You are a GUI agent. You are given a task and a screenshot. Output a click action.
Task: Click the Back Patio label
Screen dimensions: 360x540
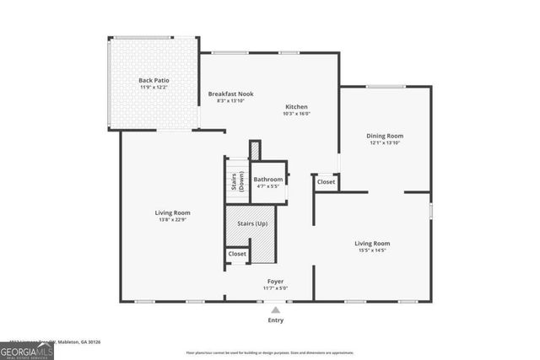pyautogui.click(x=154, y=80)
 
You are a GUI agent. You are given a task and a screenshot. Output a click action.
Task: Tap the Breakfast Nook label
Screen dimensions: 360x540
pyautogui.click(x=230, y=94)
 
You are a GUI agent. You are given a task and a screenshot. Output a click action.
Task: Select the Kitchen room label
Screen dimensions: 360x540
pyautogui.click(x=296, y=107)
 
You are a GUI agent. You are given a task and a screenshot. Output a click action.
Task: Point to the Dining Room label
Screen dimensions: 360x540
pyautogui.click(x=385, y=136)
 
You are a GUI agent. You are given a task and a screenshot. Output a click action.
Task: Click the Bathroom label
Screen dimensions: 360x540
pyautogui.click(x=267, y=179)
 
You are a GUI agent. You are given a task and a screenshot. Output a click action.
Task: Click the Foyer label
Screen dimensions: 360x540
pyautogui.click(x=275, y=281)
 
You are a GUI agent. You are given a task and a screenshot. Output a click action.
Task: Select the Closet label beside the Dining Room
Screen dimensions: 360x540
pyautogui.click(x=326, y=181)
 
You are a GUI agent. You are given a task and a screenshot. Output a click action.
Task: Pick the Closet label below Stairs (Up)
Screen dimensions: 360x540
pyautogui.click(x=237, y=253)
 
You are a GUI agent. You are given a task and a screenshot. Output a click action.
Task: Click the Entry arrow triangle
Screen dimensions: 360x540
pyautogui.click(x=275, y=310)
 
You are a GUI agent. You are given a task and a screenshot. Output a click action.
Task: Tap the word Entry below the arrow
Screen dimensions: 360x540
pyautogui.click(x=275, y=320)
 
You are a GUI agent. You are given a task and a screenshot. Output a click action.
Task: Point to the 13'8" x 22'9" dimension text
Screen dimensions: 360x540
pyautogui.click(x=172, y=220)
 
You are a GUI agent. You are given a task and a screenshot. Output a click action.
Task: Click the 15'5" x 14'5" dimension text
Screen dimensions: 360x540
pyautogui.click(x=371, y=250)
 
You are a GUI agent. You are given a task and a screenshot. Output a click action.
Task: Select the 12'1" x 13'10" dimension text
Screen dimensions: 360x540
pyautogui.click(x=385, y=143)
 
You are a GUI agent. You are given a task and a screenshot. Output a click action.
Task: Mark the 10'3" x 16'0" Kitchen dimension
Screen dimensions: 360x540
pyautogui.click(x=296, y=115)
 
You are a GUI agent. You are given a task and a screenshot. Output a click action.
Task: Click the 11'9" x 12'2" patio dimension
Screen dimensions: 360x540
pyautogui.click(x=154, y=88)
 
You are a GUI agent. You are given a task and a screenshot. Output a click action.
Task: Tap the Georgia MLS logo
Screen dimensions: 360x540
pyautogui.click(x=27, y=348)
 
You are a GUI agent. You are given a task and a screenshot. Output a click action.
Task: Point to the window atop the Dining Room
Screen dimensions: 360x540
pyautogui.click(x=385, y=86)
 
